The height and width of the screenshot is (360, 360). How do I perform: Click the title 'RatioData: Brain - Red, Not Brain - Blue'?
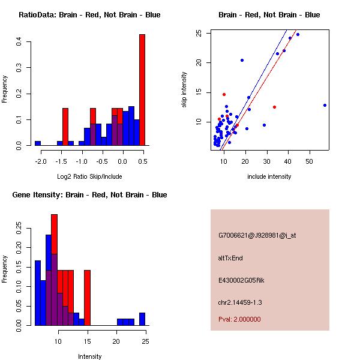(89, 15)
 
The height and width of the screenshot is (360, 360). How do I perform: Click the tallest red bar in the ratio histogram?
(142, 90)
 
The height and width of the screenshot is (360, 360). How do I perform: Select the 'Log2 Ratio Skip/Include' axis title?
(89, 177)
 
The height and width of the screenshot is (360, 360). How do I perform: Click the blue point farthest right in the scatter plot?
(325, 105)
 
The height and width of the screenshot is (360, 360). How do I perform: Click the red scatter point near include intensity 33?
(274, 107)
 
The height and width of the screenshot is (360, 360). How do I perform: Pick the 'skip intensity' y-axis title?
(184, 90)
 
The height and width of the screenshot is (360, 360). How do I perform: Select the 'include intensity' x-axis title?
(269, 177)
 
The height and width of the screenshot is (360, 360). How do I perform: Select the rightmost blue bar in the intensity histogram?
(142, 319)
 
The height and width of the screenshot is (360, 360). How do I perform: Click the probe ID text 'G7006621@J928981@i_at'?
(257, 235)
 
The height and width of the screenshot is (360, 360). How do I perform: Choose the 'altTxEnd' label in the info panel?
(230, 258)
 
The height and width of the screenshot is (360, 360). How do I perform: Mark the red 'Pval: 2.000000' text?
(239, 319)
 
